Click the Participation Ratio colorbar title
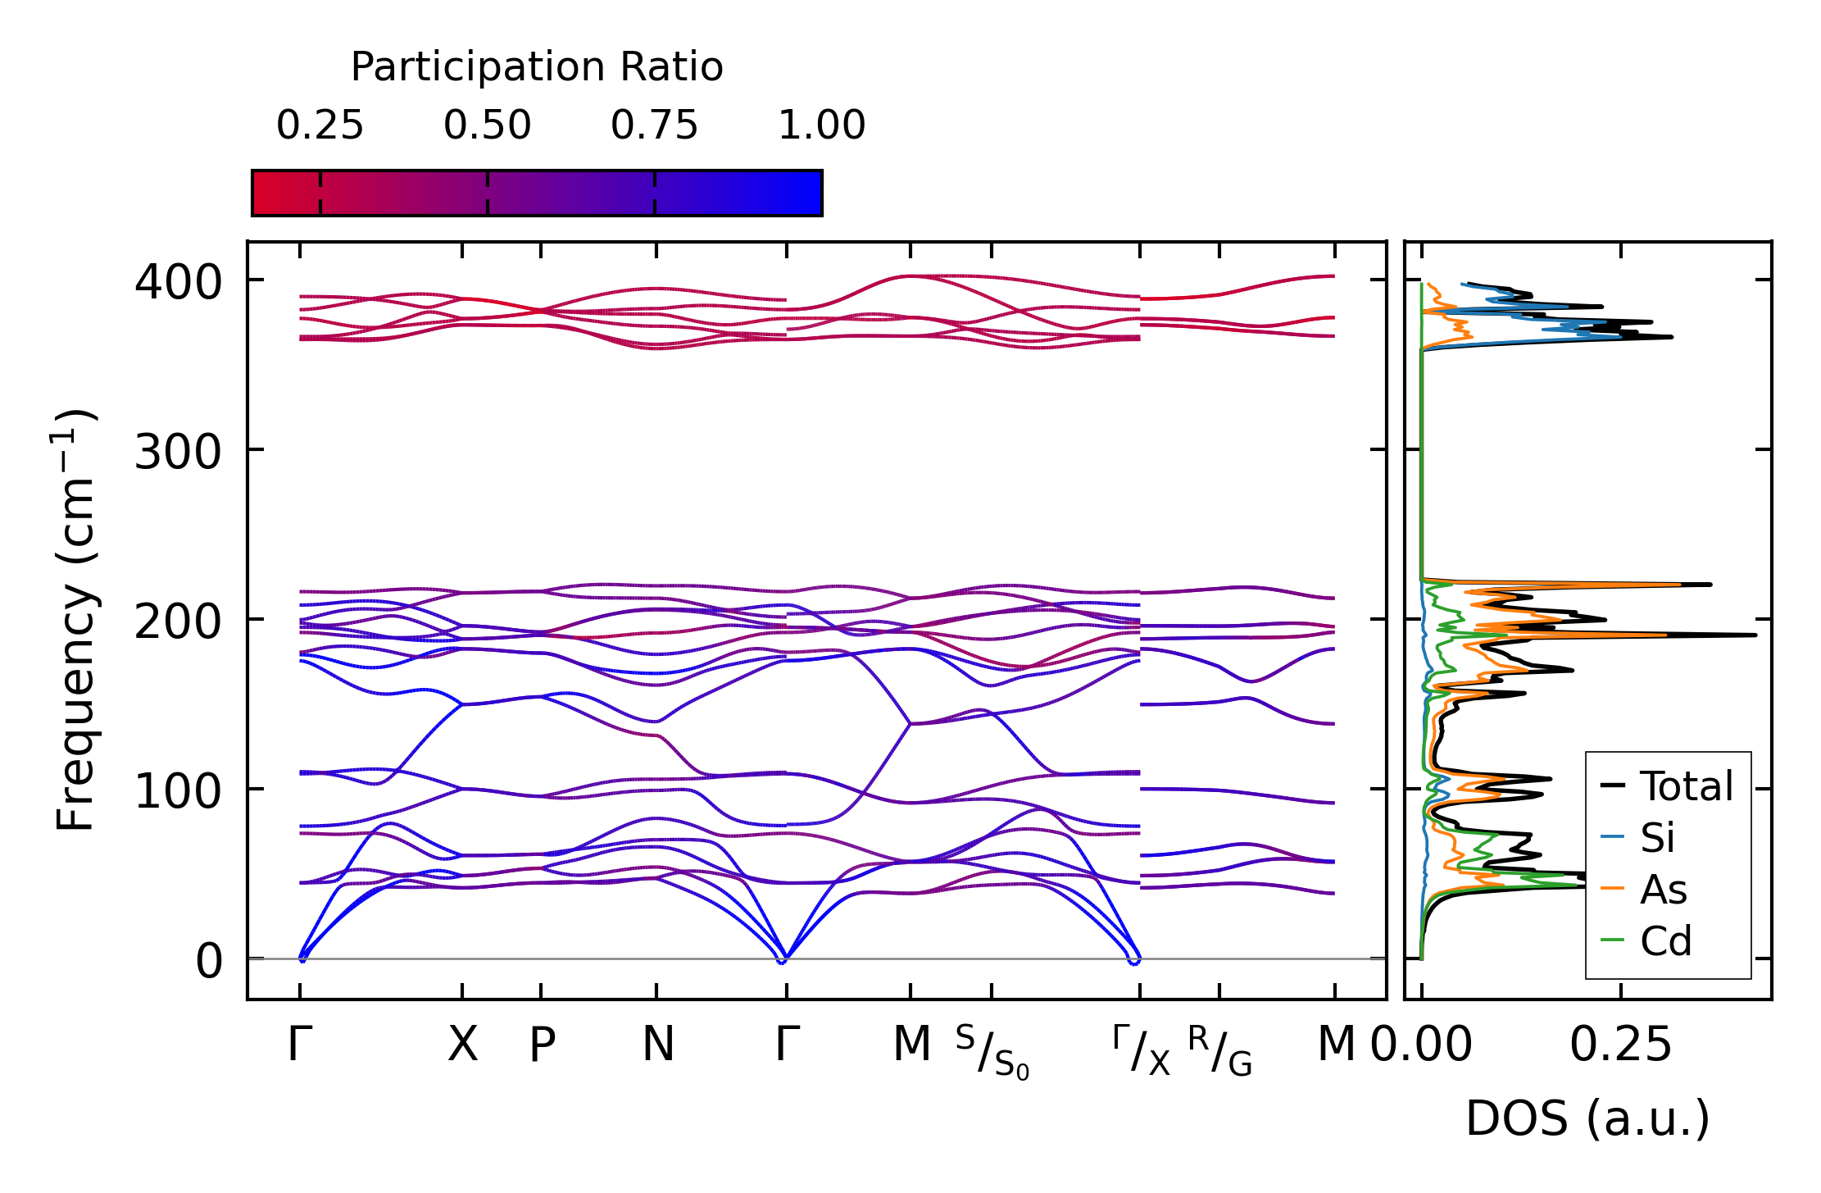click(537, 67)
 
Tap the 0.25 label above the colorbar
click(320, 125)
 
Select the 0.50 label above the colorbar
click(488, 125)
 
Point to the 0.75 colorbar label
click(654, 125)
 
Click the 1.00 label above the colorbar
click(821, 125)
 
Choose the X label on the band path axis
click(462, 1045)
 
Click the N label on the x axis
click(657, 1045)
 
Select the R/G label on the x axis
click(1219, 1050)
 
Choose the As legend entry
click(1663, 890)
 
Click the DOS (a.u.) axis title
click(1587, 1118)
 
